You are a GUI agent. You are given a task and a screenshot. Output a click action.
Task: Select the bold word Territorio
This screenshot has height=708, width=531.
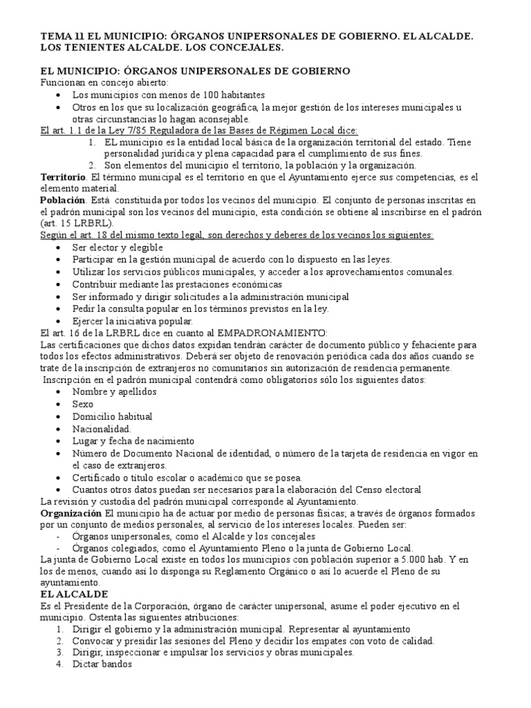[x=64, y=177]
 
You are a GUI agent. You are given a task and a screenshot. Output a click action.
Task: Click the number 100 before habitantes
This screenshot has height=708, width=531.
[x=192, y=95]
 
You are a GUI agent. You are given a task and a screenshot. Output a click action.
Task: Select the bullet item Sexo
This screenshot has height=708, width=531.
[x=83, y=404]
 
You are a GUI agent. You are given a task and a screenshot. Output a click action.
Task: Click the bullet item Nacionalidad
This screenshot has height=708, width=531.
[x=101, y=429]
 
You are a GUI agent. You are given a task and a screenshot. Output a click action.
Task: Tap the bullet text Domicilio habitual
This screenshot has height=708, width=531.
[x=112, y=416]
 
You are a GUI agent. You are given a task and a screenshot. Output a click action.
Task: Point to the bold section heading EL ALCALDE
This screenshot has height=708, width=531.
[x=75, y=594]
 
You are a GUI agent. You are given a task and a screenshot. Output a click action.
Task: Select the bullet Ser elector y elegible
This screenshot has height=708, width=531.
[x=118, y=247]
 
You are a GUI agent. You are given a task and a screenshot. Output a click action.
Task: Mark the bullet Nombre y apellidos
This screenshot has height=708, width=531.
[x=114, y=391]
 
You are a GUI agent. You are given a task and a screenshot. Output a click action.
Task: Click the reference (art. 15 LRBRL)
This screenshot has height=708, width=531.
[x=76, y=224]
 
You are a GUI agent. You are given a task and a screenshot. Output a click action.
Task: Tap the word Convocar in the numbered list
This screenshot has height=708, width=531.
[x=93, y=640]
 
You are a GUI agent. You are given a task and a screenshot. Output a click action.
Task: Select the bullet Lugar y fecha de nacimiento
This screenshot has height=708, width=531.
[x=133, y=440]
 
